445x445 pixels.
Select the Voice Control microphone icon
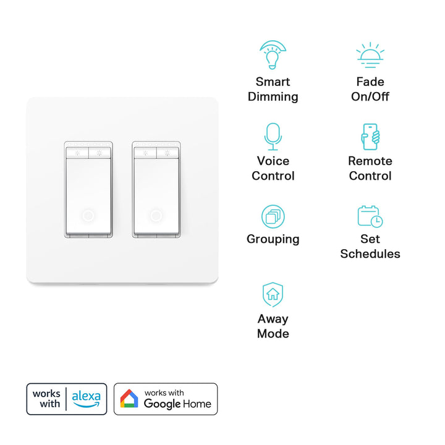click(273, 136)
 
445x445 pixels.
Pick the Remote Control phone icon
click(370, 137)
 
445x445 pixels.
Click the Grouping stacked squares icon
click(273, 216)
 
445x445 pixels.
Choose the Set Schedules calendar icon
click(370, 216)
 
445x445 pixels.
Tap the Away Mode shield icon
click(273, 295)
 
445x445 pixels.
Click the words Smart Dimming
click(273, 89)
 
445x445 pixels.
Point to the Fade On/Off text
click(370, 89)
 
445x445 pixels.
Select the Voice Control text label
click(273, 168)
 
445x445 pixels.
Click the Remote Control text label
click(370, 168)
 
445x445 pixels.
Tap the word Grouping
click(273, 239)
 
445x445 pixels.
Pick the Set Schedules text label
click(370, 246)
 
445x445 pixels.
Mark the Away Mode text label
click(273, 326)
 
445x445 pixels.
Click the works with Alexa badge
click(67, 399)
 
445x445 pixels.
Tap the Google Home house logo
click(129, 399)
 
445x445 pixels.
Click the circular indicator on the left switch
click(88, 216)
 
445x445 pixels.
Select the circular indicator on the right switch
click(156, 216)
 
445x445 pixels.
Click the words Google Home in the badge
click(177, 404)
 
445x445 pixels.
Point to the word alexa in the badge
click(86, 396)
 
